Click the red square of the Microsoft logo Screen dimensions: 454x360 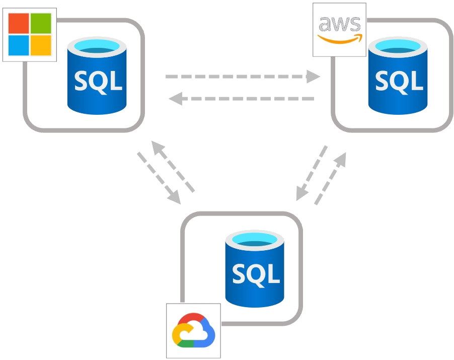point(19,23)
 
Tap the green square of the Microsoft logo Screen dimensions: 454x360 point(41,23)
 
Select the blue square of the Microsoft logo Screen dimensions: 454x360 point(19,45)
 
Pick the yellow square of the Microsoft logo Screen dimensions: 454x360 point(41,45)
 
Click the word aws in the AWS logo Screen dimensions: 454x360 point(340,24)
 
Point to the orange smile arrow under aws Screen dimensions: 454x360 point(340,39)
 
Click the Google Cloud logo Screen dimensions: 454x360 point(193,330)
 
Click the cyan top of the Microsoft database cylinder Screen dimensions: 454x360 point(97,47)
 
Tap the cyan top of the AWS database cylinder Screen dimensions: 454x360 point(398,47)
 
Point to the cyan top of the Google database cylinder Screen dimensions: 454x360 point(255,240)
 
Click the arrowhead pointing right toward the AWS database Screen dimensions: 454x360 point(313,77)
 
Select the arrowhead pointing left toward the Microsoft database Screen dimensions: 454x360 point(176,99)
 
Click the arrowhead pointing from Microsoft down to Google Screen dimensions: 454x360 point(175,197)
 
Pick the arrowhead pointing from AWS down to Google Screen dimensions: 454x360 point(302,193)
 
